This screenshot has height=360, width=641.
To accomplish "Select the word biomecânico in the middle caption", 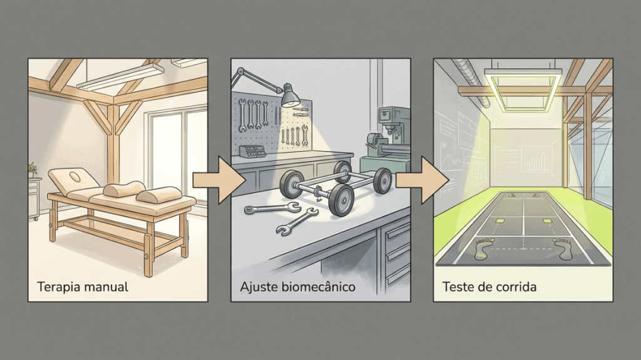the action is [319, 286].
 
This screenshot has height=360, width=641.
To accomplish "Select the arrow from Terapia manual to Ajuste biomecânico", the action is [219, 180].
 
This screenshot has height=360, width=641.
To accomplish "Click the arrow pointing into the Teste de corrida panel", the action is [423, 180].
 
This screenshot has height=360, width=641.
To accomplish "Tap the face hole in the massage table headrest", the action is [75, 177].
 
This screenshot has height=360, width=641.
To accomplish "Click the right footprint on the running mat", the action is [564, 249].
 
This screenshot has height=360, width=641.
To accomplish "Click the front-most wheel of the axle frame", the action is [341, 200].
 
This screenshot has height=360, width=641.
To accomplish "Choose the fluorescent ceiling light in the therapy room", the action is [121, 76].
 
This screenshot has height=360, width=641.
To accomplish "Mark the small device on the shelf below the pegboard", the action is [253, 152].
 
